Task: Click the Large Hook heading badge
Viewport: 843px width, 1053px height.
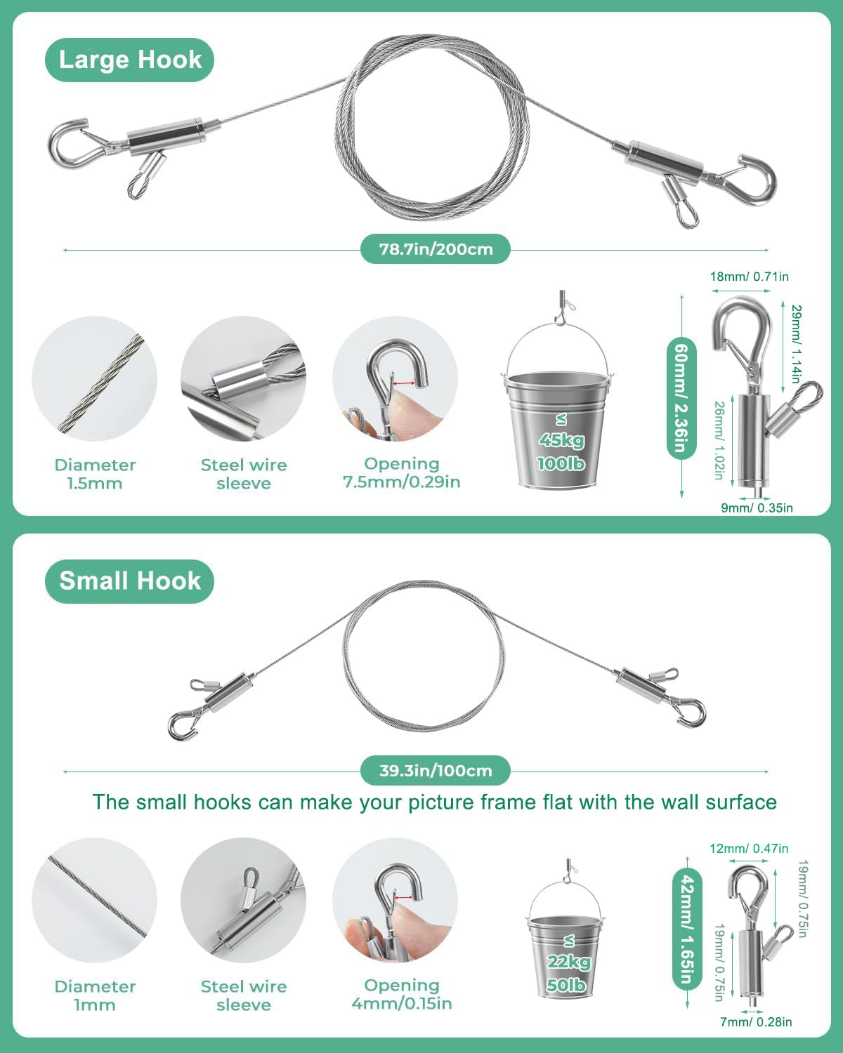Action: tap(130, 60)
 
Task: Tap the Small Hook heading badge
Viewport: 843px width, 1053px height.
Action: tap(130, 581)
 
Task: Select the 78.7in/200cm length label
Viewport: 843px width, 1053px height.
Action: tap(436, 249)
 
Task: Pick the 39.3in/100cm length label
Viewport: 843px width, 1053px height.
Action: tap(436, 771)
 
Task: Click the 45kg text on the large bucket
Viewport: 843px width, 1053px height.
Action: tap(561, 440)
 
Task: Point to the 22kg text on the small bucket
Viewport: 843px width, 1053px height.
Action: tap(568, 962)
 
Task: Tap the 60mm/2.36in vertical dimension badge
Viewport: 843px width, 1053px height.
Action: tap(682, 397)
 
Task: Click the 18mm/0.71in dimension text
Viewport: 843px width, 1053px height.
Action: tap(749, 277)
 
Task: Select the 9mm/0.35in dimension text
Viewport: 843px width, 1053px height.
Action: tap(757, 508)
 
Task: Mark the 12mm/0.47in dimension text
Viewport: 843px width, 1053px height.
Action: tap(749, 849)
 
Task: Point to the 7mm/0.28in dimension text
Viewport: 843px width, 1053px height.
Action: tap(756, 1022)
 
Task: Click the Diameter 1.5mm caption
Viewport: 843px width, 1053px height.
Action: tap(95, 474)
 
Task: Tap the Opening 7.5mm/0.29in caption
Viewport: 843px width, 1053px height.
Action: tap(402, 472)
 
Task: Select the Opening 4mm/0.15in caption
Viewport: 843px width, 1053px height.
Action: tap(402, 994)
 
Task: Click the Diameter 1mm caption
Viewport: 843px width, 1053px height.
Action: tap(95, 995)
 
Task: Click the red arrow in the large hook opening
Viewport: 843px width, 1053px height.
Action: tap(403, 383)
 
